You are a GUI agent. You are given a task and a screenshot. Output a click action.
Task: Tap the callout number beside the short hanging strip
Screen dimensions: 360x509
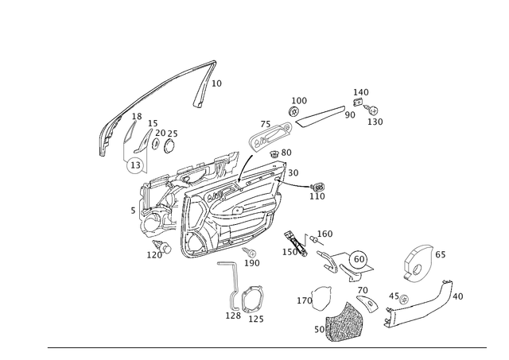pyautogui.click(x=218, y=82)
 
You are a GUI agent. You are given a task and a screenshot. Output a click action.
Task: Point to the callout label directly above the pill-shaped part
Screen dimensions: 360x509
pyautogui.click(x=300, y=99)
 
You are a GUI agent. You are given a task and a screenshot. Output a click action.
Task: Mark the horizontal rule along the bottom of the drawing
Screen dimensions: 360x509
pyautogui.click(x=270, y=348)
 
